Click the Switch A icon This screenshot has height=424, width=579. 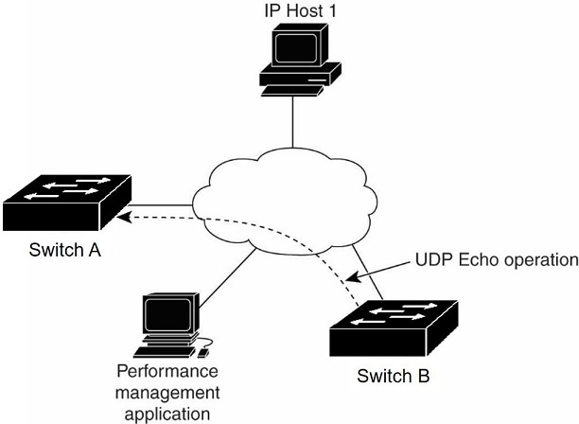pyautogui.click(x=65, y=202)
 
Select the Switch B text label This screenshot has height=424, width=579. pyautogui.click(x=394, y=377)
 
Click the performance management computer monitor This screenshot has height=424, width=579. pyautogui.click(x=167, y=316)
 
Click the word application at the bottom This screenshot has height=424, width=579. pyautogui.click(x=167, y=412)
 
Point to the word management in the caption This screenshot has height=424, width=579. pyautogui.click(x=167, y=392)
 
